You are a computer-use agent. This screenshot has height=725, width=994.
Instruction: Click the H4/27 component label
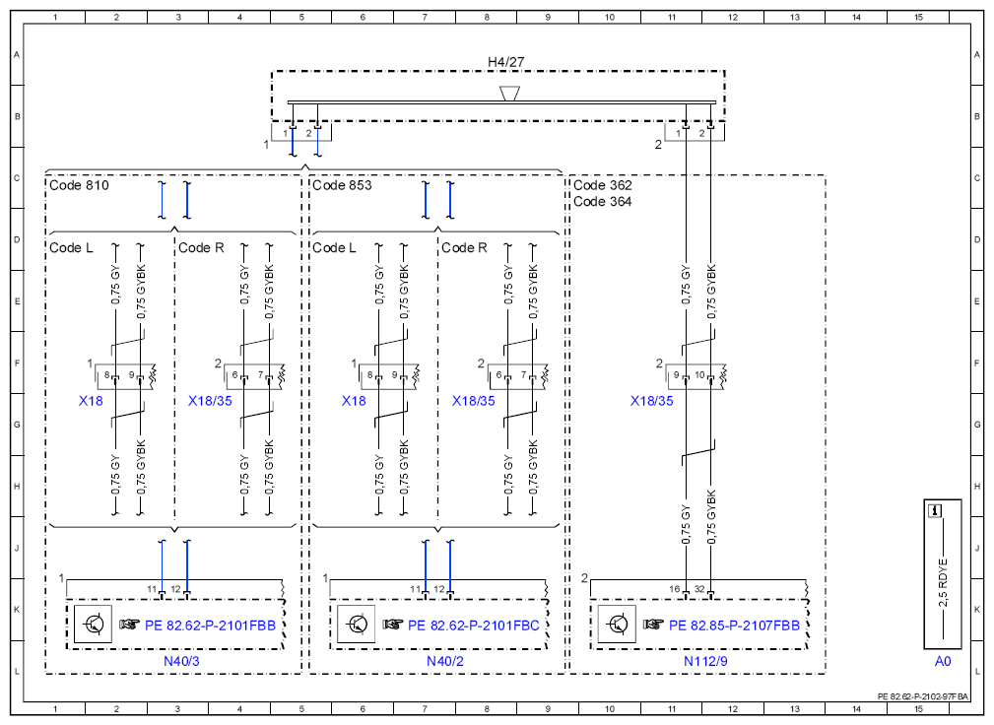click(506, 61)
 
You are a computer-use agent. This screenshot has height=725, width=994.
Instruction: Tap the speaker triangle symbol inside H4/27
click(509, 94)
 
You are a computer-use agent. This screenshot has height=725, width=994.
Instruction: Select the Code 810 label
click(79, 185)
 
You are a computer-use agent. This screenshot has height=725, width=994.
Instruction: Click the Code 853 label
click(342, 185)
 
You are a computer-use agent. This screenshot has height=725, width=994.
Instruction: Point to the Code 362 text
click(603, 185)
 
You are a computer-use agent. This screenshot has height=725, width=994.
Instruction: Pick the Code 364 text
click(603, 202)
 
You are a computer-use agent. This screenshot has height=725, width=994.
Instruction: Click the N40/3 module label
click(181, 661)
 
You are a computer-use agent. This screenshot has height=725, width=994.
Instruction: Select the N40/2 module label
click(445, 661)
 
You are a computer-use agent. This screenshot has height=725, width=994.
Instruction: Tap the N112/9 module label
click(705, 661)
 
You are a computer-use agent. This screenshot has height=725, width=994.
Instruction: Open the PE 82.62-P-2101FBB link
click(211, 626)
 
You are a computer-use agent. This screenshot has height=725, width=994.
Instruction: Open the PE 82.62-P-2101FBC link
click(474, 626)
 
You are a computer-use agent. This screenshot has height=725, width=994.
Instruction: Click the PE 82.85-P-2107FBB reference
click(734, 626)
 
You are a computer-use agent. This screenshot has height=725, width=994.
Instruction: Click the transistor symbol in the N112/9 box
click(617, 625)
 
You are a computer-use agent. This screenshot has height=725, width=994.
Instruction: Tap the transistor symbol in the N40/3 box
click(94, 625)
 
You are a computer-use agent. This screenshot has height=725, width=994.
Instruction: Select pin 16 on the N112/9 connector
click(675, 589)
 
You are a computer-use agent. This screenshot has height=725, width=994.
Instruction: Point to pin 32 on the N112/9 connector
click(699, 589)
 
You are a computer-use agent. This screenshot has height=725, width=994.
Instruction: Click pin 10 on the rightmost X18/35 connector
click(699, 374)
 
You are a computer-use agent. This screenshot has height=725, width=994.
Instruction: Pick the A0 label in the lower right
click(943, 661)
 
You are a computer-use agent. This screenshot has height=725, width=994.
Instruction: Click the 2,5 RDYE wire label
click(944, 582)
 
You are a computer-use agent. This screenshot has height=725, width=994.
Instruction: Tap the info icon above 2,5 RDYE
click(935, 511)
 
